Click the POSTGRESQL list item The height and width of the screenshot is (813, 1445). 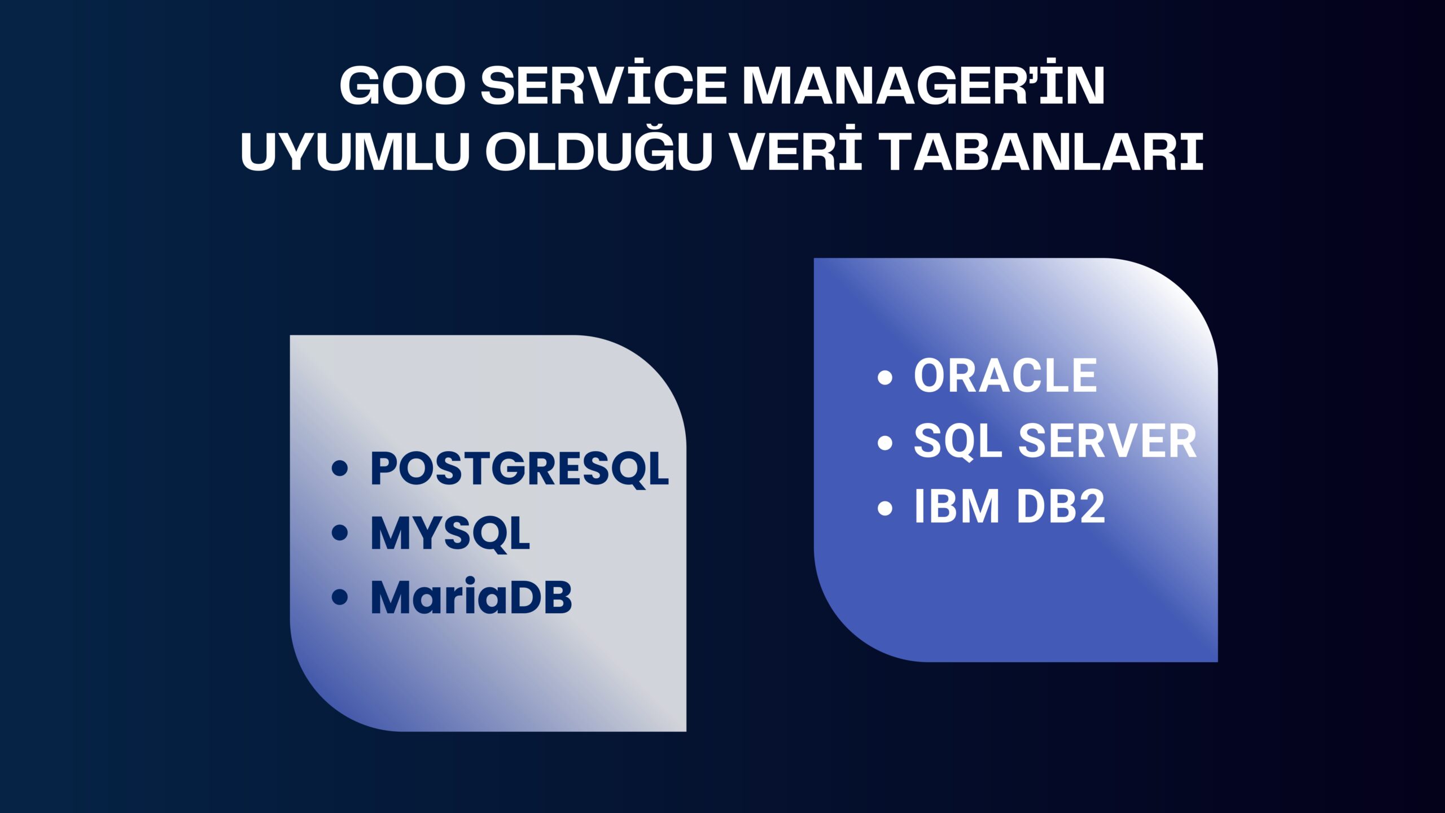519,469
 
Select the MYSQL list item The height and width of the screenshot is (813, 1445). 450,533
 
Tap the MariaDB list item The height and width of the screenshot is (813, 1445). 471,597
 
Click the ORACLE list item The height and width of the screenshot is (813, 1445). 1005,375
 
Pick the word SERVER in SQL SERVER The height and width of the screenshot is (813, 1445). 1107,441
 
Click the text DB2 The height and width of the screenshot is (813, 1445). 1061,506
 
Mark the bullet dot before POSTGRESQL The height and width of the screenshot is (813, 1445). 340,468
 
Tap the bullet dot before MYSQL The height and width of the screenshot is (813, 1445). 340,532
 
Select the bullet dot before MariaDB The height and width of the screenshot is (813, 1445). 340,597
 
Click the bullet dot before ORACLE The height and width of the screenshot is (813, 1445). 885,377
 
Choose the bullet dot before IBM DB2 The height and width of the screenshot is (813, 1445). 885,508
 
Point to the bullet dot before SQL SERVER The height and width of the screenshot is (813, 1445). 885,443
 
